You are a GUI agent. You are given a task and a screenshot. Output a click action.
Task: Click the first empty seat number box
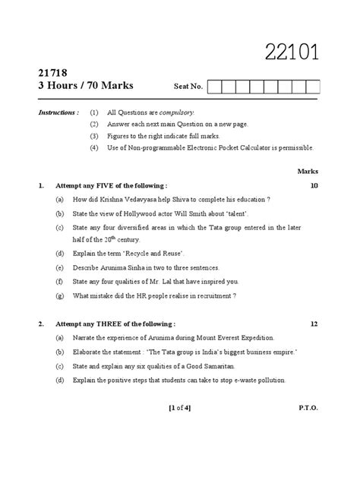(213, 87)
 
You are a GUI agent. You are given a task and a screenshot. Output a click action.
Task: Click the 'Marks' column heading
(308, 172)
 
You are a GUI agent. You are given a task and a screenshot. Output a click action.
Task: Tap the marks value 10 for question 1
(314, 185)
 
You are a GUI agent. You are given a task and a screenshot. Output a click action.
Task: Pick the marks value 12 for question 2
(314, 324)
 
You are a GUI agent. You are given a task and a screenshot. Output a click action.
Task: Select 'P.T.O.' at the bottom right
(308, 408)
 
